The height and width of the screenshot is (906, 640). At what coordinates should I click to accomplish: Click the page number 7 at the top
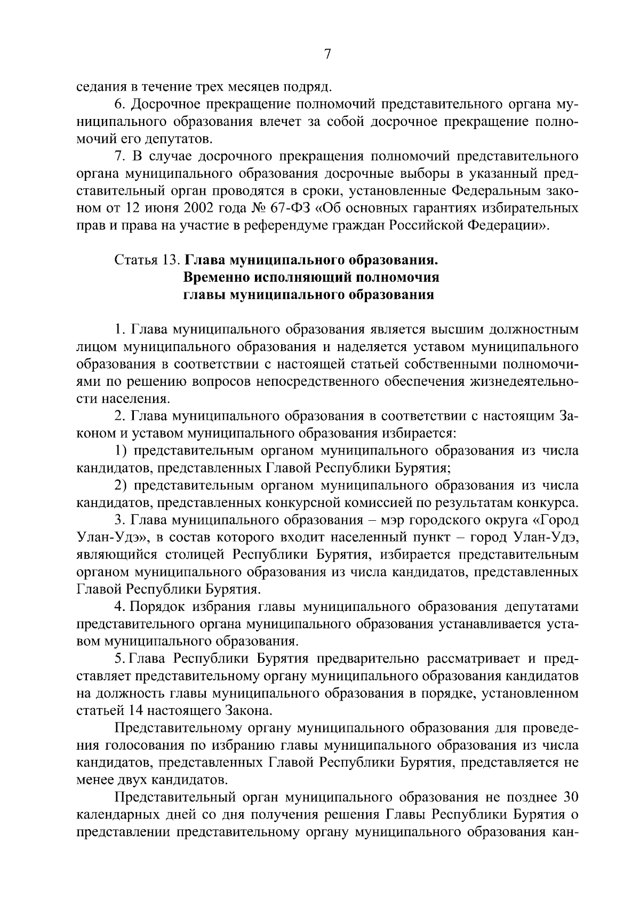click(x=327, y=54)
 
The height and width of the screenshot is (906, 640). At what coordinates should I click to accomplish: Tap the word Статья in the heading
click(x=137, y=260)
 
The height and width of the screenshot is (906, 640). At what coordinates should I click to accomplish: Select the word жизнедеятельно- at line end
click(x=525, y=382)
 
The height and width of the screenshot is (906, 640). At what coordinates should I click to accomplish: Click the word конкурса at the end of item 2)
click(x=551, y=503)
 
